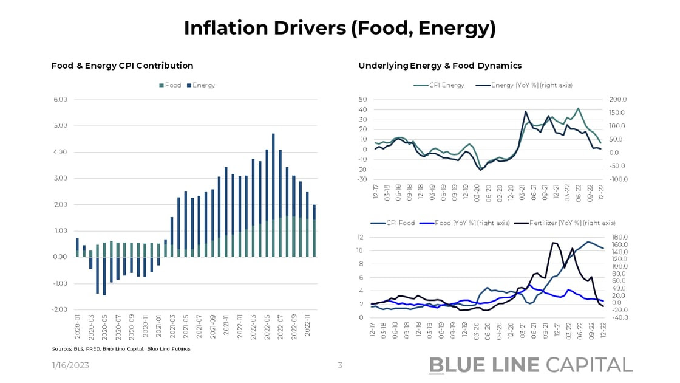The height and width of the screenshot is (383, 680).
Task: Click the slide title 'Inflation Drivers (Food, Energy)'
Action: point(339,27)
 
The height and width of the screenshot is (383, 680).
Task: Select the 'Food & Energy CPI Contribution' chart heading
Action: point(122,66)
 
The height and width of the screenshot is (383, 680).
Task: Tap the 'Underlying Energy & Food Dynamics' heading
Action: point(440,66)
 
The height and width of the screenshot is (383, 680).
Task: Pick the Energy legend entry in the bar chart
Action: point(201,85)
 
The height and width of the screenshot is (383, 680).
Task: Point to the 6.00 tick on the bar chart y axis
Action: point(59,100)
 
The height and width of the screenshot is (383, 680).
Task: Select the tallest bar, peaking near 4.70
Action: point(273,182)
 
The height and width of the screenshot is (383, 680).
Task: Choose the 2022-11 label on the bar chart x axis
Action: point(307,331)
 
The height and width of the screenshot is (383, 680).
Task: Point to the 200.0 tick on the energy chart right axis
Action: point(619,100)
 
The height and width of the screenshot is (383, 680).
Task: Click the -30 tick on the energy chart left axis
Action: point(362,179)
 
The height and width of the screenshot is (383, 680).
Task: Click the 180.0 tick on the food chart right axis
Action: point(619,237)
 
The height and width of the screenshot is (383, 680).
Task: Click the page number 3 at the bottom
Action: point(340,365)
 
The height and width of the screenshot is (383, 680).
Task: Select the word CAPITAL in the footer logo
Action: point(589,365)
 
